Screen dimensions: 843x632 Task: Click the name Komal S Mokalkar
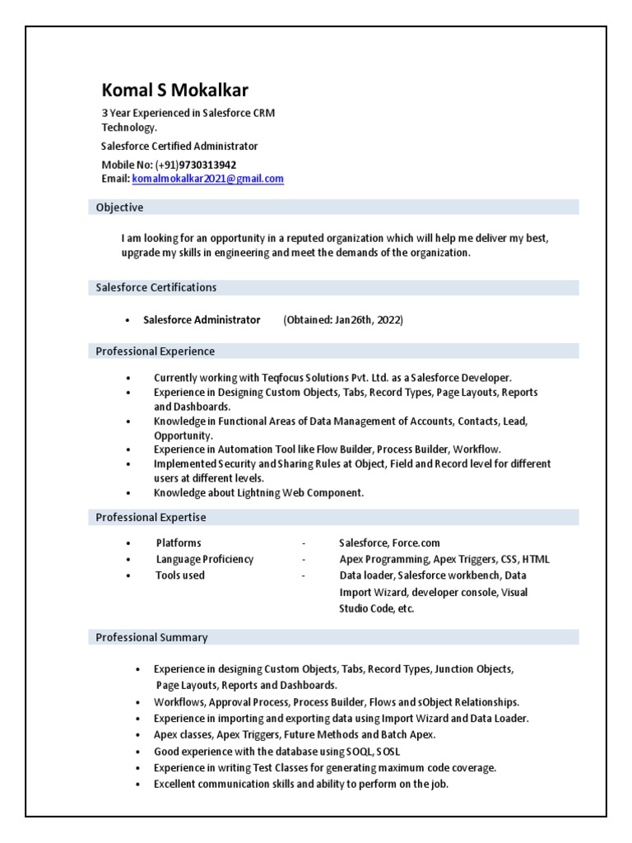coord(174,91)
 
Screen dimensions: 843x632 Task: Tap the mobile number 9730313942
coord(207,165)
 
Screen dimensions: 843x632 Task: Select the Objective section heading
coord(119,207)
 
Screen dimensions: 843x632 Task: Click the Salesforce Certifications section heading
coord(156,287)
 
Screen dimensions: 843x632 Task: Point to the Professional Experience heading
coord(155,352)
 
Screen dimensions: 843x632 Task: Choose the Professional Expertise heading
coord(151,518)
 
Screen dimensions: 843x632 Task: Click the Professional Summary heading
coord(151,637)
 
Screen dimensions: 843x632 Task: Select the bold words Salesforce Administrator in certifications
coord(202,319)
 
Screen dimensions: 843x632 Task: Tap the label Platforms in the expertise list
coord(179,543)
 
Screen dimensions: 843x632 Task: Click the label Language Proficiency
coord(205,559)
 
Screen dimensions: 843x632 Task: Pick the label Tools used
coord(180,575)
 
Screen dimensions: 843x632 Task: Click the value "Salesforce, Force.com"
coord(389,543)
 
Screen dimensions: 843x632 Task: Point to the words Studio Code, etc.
coord(377,609)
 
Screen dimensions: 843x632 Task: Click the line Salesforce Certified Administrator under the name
coord(179,146)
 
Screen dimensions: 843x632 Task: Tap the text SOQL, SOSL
coord(364,752)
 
